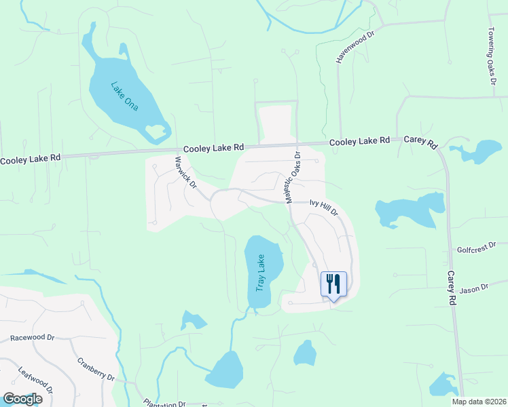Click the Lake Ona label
[x=125, y=96]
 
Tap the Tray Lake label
[x=260, y=273]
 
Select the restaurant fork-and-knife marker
[x=333, y=284]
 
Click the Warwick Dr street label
[x=185, y=173]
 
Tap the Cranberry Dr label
[x=96, y=369]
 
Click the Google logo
[x=22, y=398]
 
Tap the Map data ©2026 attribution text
[x=479, y=402]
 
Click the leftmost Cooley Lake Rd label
[x=31, y=159]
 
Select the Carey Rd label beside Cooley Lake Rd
[x=422, y=140]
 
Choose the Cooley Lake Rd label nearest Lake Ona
[x=213, y=147]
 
